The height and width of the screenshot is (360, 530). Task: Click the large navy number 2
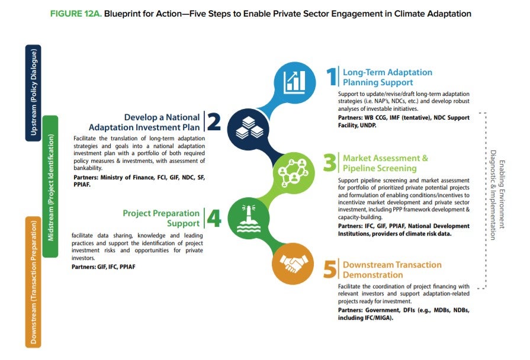(214, 121)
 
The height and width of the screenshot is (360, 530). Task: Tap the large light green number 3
(330, 163)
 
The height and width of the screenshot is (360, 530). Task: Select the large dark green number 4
(213, 218)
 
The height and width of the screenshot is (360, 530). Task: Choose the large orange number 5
(330, 270)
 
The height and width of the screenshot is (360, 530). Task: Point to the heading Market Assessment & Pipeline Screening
(385, 163)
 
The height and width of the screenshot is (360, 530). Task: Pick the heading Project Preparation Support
(161, 218)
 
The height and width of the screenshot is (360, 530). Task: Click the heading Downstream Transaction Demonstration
(391, 270)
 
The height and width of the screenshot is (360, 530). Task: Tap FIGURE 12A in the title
(75, 13)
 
